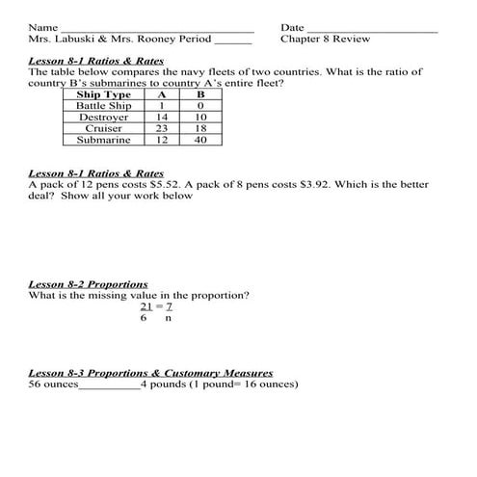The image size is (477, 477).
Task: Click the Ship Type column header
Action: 103,94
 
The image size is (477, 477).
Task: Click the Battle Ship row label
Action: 103,106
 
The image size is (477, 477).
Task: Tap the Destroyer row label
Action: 103,118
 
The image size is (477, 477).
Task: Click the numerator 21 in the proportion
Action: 146,306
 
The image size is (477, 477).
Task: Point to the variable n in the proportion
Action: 168,318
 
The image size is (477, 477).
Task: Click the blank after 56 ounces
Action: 108,384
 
